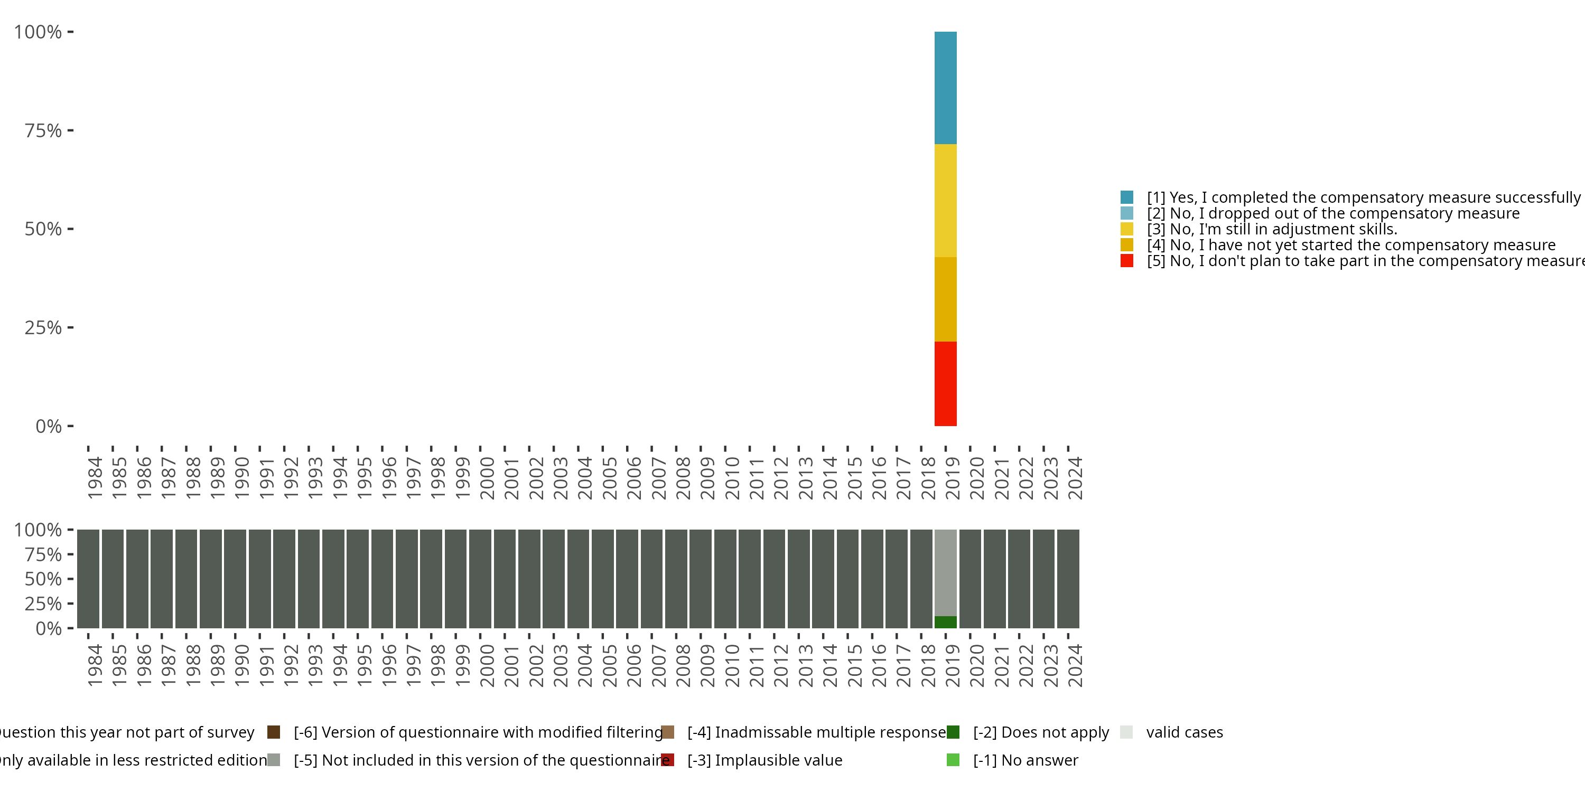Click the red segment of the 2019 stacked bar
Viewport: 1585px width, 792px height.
click(x=945, y=383)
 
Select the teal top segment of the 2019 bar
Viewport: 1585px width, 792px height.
click(x=945, y=88)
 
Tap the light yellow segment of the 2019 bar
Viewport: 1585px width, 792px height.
click(x=945, y=201)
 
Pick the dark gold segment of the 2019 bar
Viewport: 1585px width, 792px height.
click(x=945, y=299)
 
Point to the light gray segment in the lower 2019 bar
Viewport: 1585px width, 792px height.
click(x=945, y=572)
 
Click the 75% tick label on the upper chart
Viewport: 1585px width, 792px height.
click(x=43, y=130)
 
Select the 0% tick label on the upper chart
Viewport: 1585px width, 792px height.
click(x=49, y=426)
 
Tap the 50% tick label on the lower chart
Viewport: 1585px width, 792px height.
click(x=43, y=579)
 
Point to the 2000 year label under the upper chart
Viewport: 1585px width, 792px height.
click(x=487, y=478)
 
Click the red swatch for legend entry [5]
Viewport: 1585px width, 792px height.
click(x=1126, y=261)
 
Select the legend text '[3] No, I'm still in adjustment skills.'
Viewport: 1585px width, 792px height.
click(x=1272, y=229)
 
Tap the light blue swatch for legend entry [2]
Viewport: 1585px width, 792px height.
click(x=1126, y=213)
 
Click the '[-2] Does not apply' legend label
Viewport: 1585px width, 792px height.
click(x=1040, y=732)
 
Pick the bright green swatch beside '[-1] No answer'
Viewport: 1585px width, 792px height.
click(x=953, y=760)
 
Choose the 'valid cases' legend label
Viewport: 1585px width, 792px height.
click(x=1185, y=732)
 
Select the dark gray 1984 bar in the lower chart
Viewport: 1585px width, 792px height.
click(x=89, y=579)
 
